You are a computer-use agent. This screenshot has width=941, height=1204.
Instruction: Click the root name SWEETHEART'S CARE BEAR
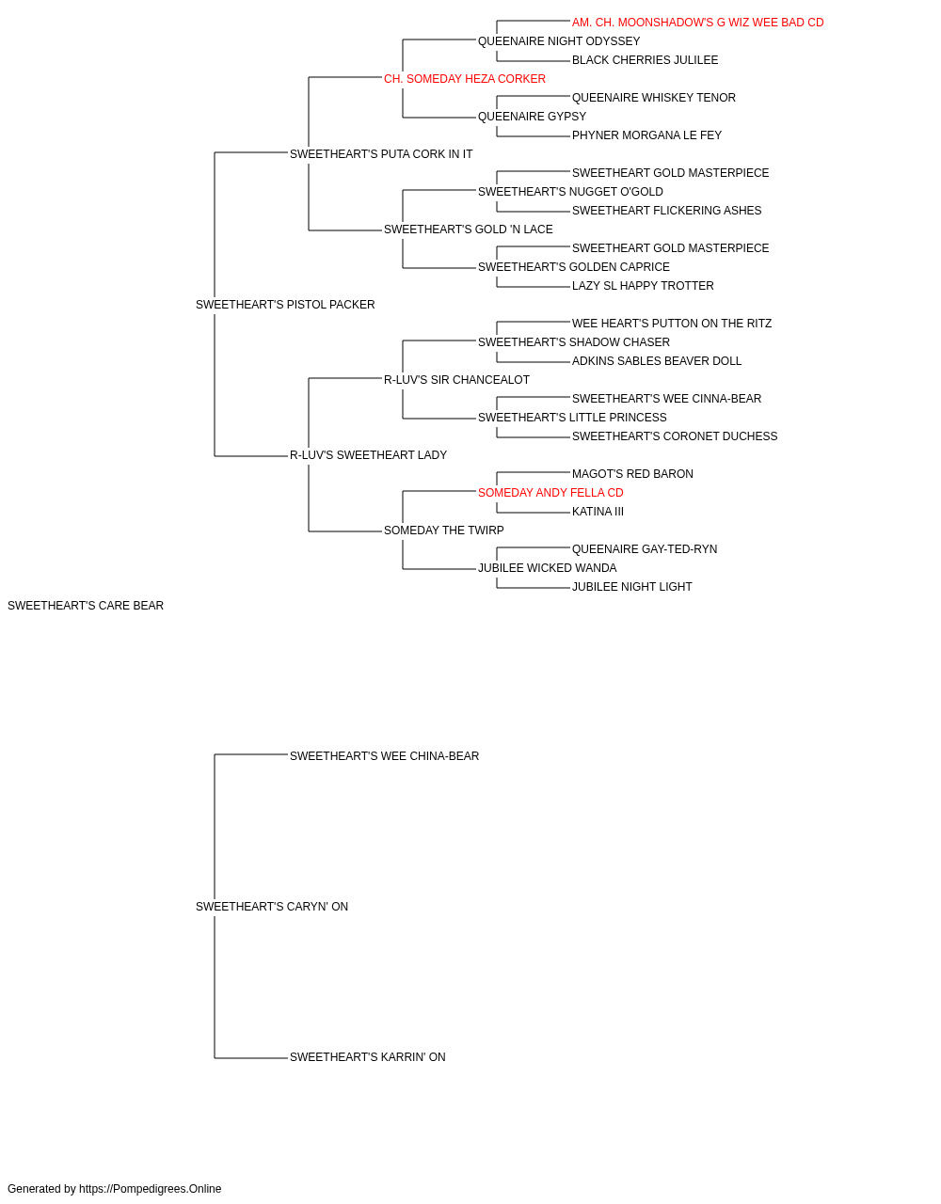86,606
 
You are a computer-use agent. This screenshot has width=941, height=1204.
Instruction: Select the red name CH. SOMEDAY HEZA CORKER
465,79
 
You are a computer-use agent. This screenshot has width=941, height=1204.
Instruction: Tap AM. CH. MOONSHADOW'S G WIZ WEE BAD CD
697,23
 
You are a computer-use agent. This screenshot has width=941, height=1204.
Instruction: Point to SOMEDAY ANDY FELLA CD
550,493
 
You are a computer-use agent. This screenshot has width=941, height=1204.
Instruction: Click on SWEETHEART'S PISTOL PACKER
285,304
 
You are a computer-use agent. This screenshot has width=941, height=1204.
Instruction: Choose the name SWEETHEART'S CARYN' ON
272,907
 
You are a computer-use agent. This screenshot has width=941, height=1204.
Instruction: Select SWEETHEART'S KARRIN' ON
367,1057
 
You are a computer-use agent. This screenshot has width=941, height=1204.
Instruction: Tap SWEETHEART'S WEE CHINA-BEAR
384,755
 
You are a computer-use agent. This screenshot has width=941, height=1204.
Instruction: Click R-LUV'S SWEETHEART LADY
368,455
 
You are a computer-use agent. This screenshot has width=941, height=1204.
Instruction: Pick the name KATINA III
598,512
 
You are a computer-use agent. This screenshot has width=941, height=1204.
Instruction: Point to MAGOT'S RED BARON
632,474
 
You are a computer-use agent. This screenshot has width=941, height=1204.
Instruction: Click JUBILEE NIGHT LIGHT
631,587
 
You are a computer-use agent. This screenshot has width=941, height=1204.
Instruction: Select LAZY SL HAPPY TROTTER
643,285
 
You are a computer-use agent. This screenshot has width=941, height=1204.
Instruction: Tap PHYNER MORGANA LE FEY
646,135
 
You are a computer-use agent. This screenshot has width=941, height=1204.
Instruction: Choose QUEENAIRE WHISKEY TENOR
654,98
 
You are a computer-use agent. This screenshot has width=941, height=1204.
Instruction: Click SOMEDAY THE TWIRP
444,531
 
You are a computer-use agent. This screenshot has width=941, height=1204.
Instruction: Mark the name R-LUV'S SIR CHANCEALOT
456,379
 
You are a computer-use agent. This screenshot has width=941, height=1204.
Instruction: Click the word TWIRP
486,531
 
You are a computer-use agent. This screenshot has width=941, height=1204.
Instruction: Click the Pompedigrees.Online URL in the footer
151,1189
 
